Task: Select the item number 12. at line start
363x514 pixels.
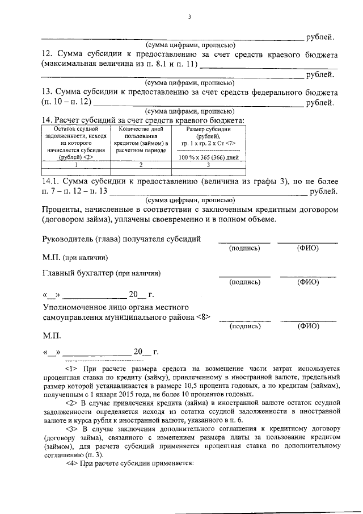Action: pos(49,55)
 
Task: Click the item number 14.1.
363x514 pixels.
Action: pos(52,181)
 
